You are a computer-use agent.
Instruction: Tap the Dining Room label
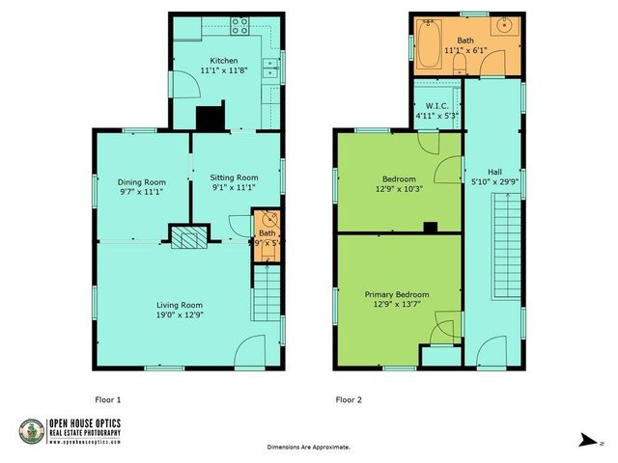(x=142, y=181)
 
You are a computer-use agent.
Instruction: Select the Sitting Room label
(x=235, y=177)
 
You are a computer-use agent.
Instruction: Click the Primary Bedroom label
(x=397, y=294)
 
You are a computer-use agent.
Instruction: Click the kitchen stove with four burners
(x=240, y=26)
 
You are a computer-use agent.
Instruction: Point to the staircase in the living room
(x=266, y=293)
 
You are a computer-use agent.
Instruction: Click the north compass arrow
(x=586, y=441)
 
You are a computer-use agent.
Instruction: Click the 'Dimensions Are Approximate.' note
(x=309, y=448)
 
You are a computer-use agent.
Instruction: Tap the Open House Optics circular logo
(x=32, y=431)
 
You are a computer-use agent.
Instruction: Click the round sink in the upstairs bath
(x=506, y=26)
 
